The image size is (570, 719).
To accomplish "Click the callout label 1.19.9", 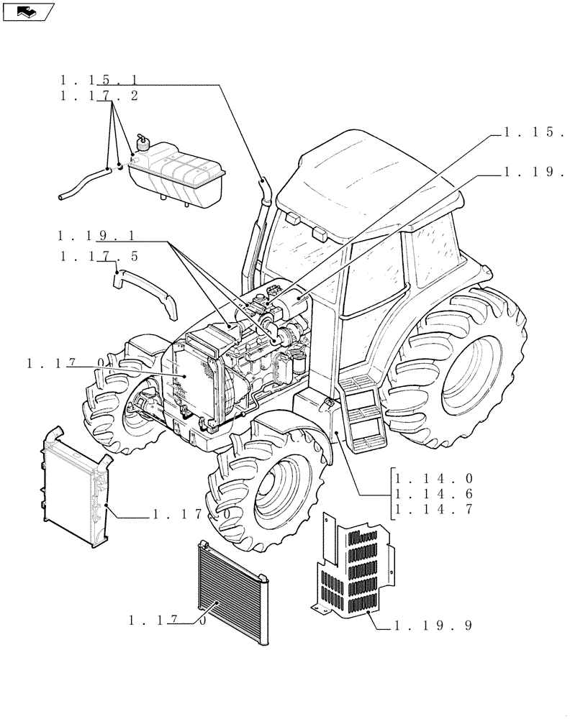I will tap(433, 626).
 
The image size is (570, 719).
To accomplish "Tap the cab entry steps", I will tap(363, 417).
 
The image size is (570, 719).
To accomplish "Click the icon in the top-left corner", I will tap(28, 11).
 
